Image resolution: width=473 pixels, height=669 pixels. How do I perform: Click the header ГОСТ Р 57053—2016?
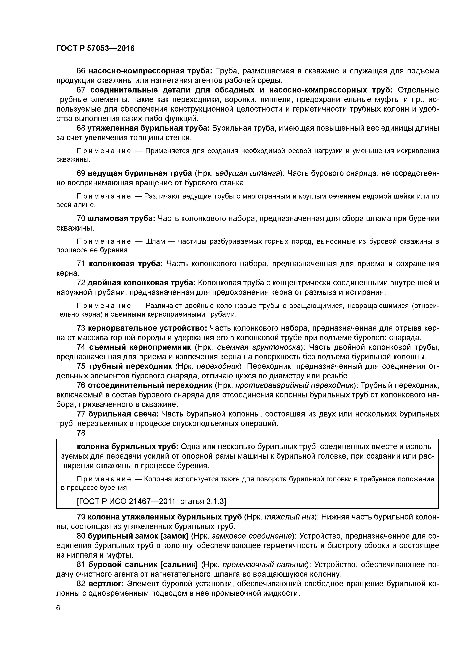[95, 48]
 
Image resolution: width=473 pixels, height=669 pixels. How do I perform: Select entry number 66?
[80, 71]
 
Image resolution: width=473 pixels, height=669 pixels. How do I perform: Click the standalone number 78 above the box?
[81, 433]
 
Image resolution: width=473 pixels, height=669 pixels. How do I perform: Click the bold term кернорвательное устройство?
[147, 328]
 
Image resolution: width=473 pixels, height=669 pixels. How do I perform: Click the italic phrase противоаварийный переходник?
[294, 385]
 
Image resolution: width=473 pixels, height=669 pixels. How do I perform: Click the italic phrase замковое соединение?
[252, 536]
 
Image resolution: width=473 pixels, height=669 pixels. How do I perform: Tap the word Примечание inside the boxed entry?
[103, 479]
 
